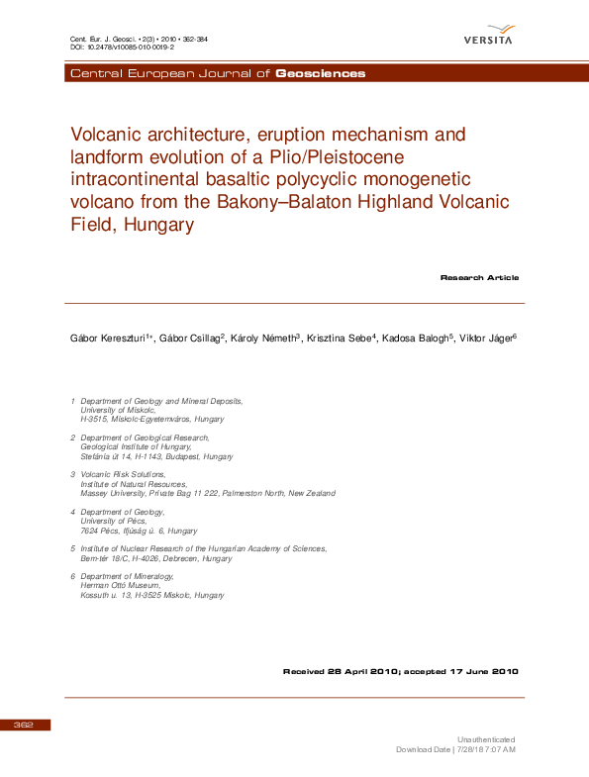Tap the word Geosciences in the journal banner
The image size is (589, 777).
point(320,74)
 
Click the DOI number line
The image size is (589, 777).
point(122,47)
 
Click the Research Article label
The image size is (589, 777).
point(479,278)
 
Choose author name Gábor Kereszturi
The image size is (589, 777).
point(104,339)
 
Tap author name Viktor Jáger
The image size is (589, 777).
point(486,339)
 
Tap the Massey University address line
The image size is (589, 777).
point(207,493)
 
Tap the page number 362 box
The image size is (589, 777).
point(25,726)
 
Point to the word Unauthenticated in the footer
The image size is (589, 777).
point(485,739)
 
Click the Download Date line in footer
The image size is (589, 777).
point(456,749)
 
